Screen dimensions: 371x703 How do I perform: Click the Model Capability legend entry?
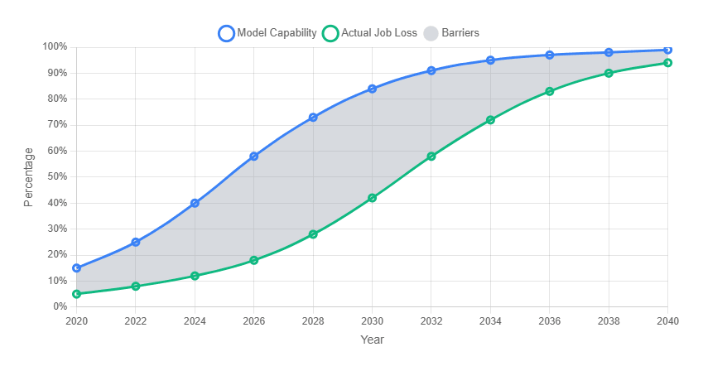tap(267, 33)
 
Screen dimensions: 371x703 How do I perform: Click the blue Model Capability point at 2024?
tap(195, 203)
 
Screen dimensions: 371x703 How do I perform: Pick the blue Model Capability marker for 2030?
tap(373, 89)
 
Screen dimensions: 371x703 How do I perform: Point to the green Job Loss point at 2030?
tap(373, 198)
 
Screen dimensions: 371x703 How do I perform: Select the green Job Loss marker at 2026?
tap(254, 260)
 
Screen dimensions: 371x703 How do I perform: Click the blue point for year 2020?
tap(77, 268)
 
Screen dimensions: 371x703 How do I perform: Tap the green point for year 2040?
tap(667, 63)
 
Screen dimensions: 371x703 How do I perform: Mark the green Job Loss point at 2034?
tap(490, 120)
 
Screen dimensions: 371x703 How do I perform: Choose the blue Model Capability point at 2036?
tap(550, 55)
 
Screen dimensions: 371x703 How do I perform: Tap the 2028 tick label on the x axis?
tap(313, 321)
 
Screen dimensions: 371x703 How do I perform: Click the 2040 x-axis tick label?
tap(667, 321)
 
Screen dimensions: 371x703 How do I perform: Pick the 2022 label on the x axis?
tap(136, 321)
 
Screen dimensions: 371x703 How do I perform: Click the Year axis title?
tap(372, 340)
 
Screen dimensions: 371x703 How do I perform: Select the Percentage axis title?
tap(29, 176)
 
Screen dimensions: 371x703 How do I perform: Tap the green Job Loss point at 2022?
tap(136, 287)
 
